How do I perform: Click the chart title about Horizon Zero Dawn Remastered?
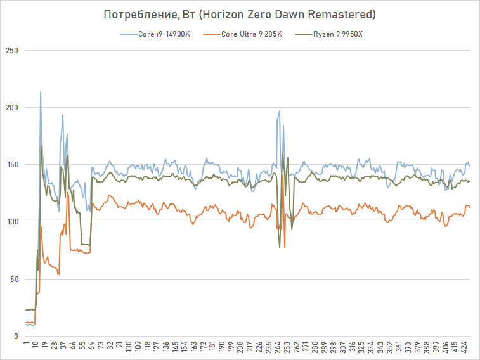(x=240, y=15)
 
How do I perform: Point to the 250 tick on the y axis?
(x=11, y=51)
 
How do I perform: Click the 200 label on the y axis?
(x=11, y=108)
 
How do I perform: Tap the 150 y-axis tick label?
(x=11, y=165)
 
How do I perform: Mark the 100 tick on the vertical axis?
(x=11, y=222)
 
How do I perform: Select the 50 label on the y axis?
(x=13, y=279)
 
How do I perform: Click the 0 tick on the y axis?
(x=15, y=336)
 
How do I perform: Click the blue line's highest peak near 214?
(x=41, y=92)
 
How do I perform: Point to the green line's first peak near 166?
(x=41, y=146)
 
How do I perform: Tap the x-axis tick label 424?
(x=465, y=348)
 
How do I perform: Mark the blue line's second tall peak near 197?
(x=279, y=112)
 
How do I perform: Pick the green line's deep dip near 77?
(x=280, y=247)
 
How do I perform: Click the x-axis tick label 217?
(x=250, y=348)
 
